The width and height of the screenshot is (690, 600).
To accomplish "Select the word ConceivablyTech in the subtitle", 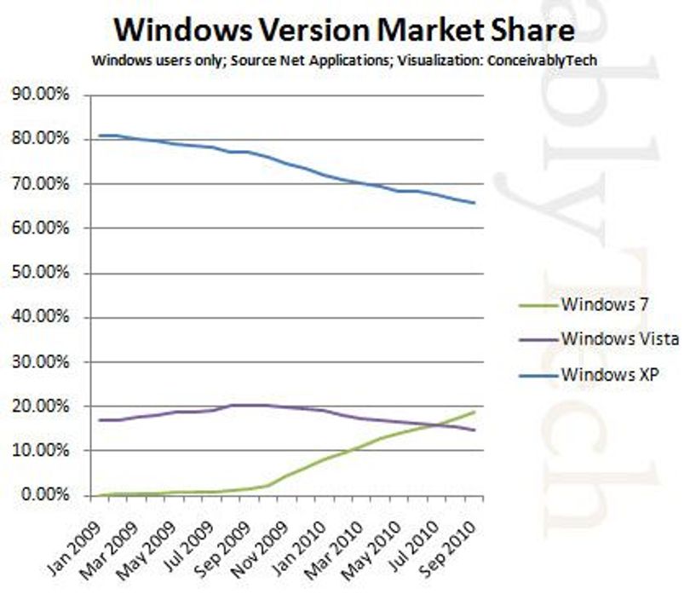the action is click(x=542, y=61).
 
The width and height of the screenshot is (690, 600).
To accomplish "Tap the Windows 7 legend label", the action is click(x=605, y=304).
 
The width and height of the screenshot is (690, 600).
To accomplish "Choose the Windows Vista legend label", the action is click(x=620, y=339).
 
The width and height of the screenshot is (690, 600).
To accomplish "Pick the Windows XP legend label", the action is click(x=610, y=374).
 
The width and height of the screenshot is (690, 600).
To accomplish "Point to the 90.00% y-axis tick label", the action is click(x=40, y=95).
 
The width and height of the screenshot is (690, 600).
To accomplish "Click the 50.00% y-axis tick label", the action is click(x=40, y=273).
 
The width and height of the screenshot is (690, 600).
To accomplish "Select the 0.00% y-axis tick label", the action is click(x=44, y=494).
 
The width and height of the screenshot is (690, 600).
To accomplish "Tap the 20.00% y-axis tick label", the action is click(x=40, y=406).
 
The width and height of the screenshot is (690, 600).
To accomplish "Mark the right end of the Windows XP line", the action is click(x=474, y=203).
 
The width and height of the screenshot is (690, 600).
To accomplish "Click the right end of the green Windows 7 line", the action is click(x=474, y=412).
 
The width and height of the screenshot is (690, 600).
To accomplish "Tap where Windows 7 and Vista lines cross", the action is click(x=436, y=424).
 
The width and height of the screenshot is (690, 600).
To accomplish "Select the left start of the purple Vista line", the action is click(x=100, y=420).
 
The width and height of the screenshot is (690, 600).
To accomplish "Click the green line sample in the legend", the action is click(x=538, y=305).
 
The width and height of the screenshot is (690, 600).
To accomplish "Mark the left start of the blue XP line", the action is click(x=100, y=136).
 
